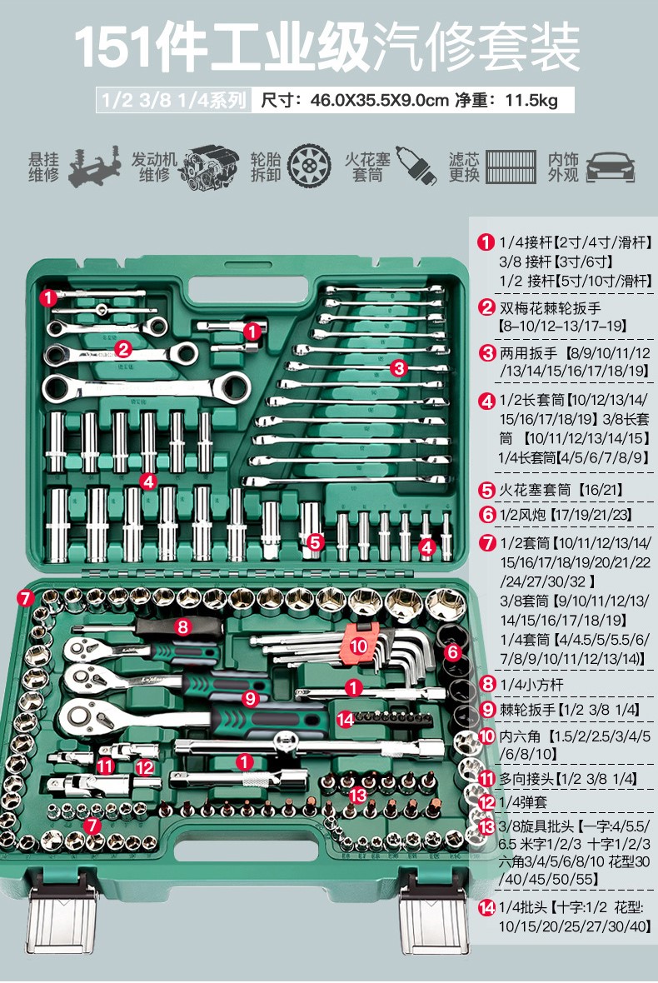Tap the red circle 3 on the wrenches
point(398,367)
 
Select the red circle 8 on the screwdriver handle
point(182,627)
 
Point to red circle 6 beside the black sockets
point(452,652)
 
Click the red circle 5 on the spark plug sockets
point(314,541)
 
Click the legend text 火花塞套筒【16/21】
point(561,491)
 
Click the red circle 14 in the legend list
point(486,908)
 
